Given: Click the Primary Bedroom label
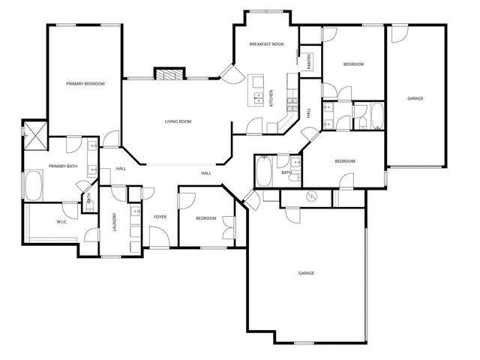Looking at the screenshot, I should point(85,83).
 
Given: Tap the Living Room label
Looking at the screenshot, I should point(178,121).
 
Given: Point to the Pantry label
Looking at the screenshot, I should point(309,61).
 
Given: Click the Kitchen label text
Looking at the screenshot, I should point(271,98).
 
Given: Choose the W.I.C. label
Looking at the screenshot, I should point(62,222).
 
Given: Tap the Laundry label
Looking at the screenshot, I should point(115,223).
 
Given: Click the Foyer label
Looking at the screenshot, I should point(160,217).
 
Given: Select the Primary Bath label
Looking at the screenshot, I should point(62,166).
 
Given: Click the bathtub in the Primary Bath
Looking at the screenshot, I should point(34,185).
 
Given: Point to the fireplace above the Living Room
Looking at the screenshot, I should point(169,73).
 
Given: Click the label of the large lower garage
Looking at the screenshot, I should point(306,273).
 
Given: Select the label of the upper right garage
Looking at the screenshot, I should point(415,98).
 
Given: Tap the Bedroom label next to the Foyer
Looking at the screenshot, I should point(205,218).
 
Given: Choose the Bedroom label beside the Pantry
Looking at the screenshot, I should point(353,64).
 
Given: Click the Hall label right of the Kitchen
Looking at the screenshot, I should point(309,112).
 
